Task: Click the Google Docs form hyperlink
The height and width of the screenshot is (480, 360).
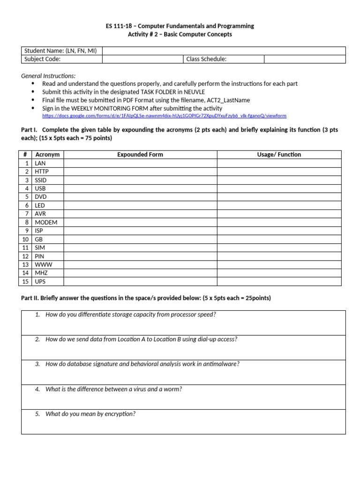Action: [164, 116]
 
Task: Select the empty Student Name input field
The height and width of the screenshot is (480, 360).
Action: [224, 51]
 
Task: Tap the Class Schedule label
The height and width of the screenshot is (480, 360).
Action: [206, 59]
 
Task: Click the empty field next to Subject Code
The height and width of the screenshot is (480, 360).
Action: [142, 59]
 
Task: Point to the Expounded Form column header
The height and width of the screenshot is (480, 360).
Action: [140, 155]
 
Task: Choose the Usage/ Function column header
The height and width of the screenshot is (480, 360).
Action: [279, 155]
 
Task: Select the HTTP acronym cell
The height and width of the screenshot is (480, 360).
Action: [42, 172]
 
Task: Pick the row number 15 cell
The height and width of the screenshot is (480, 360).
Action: [26, 281]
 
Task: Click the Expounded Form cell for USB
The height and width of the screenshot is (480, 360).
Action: [140, 188]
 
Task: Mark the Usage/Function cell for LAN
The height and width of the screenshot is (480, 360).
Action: [279, 163]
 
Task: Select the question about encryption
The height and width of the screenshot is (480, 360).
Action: [90, 414]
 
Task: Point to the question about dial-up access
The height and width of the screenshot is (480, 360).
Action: [141, 339]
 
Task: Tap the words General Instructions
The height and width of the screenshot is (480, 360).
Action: [48, 76]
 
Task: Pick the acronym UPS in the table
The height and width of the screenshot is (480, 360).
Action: [41, 281]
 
